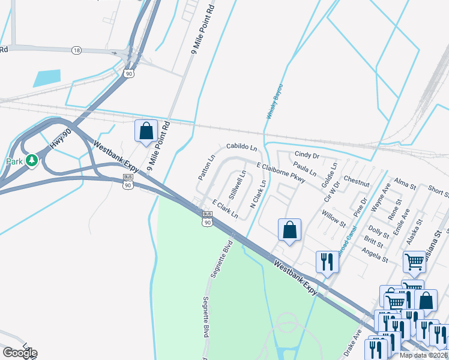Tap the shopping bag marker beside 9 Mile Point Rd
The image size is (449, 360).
click(x=146, y=131)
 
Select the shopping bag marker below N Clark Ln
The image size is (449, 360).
click(x=289, y=230)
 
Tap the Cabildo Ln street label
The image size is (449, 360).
click(x=241, y=146)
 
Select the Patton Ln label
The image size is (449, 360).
click(x=206, y=168)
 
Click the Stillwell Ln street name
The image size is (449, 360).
click(x=238, y=185)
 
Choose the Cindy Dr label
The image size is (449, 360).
click(x=306, y=155)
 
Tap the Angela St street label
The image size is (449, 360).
click(x=376, y=256)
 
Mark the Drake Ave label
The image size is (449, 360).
click(x=354, y=343)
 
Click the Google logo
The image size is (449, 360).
click(x=20, y=353)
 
